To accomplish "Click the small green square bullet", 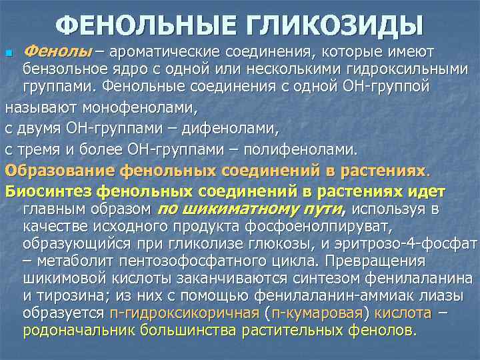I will point(9,53).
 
